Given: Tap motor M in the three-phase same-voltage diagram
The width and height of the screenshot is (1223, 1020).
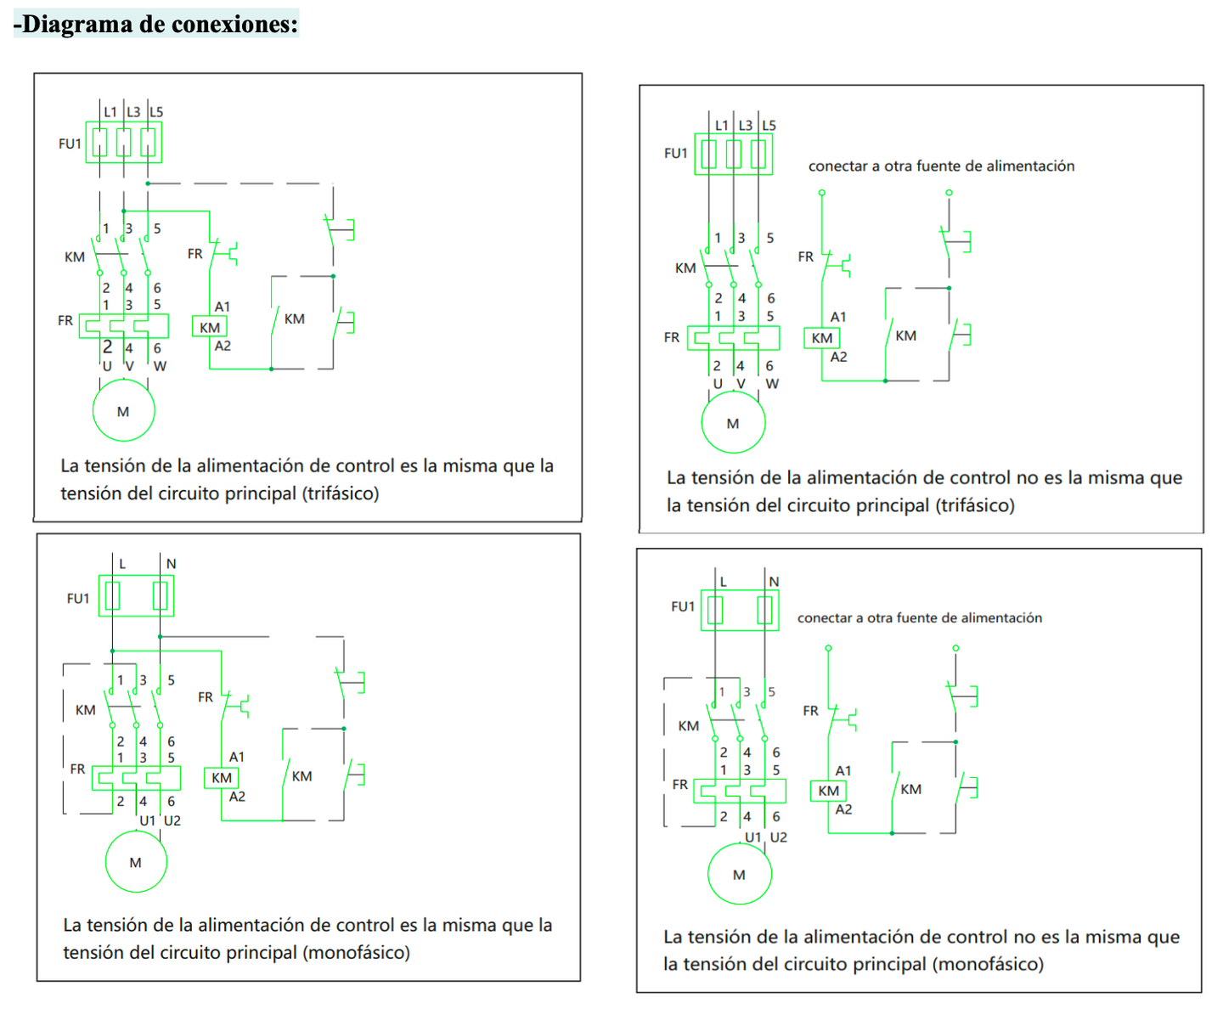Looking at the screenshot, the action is (x=124, y=411).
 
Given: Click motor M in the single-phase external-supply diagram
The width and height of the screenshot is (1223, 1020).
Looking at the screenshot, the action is (x=739, y=874).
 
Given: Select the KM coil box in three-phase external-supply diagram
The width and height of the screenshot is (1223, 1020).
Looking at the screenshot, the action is (x=822, y=338).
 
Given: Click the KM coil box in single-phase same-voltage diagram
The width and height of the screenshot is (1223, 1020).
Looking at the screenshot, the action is (x=222, y=777).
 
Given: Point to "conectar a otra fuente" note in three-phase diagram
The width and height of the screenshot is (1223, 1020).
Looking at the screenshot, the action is (x=941, y=166).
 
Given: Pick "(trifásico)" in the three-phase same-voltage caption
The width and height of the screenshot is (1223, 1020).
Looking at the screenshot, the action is (x=341, y=493).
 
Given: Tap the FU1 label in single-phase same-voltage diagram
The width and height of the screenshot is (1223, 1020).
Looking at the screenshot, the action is (x=78, y=598).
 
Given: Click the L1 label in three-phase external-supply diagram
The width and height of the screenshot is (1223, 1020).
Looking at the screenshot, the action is (x=722, y=126).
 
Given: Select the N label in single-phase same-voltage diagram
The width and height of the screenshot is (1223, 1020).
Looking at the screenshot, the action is (x=171, y=564).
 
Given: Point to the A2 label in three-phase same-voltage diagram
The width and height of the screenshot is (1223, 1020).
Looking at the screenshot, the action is (x=223, y=346).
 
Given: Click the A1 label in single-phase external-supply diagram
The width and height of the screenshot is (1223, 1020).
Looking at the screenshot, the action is (x=843, y=771).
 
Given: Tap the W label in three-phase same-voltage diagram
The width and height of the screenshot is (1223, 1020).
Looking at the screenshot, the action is (x=160, y=366).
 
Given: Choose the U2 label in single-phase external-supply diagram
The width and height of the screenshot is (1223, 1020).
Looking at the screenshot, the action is (x=779, y=837).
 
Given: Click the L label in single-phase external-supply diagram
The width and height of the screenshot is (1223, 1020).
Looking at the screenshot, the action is (x=724, y=582).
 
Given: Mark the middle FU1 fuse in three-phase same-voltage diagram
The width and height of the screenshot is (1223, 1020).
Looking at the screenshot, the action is (x=124, y=142).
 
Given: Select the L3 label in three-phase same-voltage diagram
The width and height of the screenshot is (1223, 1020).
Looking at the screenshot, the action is (x=133, y=112).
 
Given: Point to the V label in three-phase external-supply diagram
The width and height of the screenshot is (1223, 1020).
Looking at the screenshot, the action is (x=741, y=384).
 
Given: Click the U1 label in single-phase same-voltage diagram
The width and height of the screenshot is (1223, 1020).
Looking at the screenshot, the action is (x=148, y=820).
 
